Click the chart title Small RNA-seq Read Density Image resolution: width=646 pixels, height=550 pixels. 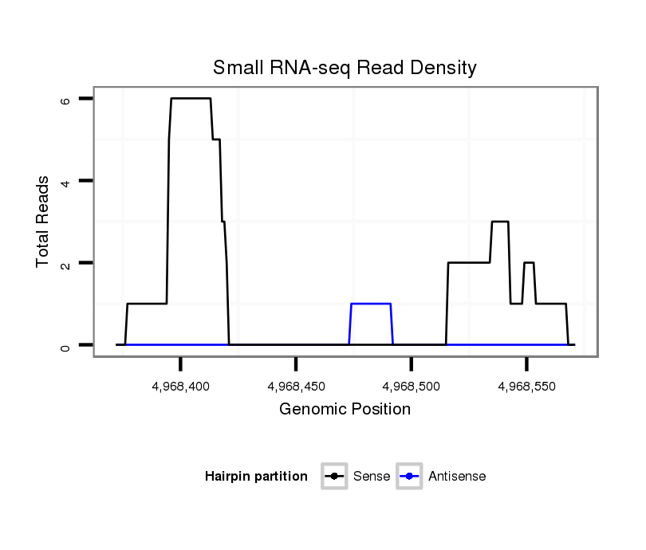[345, 68]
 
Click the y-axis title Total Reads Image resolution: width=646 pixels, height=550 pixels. [44, 222]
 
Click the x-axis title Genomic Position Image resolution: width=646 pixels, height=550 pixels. [345, 410]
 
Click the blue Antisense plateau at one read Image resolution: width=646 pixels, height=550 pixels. [371, 304]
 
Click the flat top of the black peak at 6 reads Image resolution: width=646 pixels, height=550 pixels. [191, 98]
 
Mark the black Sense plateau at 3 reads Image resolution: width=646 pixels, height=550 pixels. [500, 222]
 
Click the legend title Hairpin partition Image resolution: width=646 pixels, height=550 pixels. [256, 477]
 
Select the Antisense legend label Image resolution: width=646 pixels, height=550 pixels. [457, 477]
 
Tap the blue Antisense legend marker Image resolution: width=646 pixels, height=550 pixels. [408, 477]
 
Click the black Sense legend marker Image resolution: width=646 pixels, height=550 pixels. [334, 477]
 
